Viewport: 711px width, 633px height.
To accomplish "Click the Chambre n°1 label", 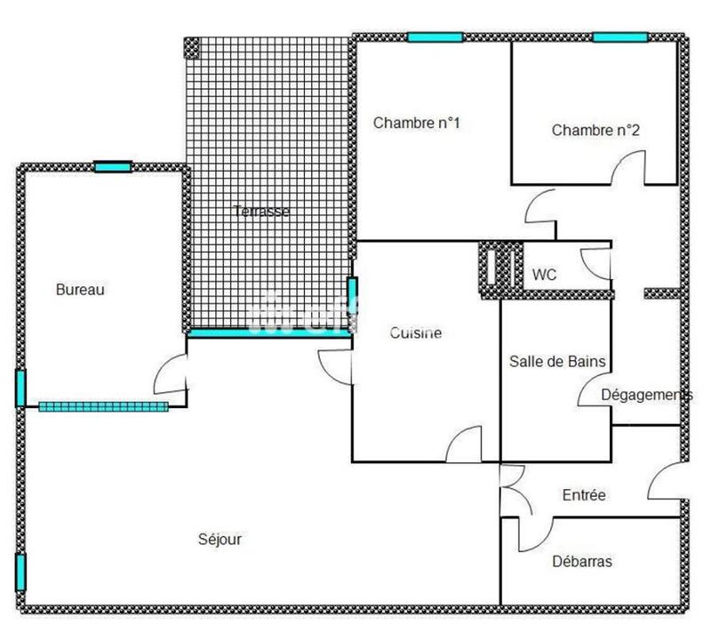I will [416, 123].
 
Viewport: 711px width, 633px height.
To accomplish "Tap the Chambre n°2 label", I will [595, 130].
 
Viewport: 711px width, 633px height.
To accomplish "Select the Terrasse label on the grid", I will [261, 212].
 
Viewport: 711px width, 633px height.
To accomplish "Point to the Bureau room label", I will [81, 289].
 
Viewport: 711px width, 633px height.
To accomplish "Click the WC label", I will [544, 276].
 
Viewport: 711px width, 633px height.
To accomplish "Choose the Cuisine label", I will [416, 333].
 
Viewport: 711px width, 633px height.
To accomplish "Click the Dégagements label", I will [646, 394].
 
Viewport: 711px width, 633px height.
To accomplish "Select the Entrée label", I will [584, 494].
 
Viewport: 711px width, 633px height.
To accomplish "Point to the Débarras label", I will [581, 562].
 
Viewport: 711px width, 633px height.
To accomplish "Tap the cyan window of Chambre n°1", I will [435, 37].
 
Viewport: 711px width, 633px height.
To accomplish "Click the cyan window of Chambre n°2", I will [619, 37].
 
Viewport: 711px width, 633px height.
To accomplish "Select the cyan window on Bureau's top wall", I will [113, 166].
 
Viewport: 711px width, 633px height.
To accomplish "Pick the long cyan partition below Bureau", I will [103, 406].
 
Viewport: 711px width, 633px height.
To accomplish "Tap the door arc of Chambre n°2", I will [628, 166].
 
